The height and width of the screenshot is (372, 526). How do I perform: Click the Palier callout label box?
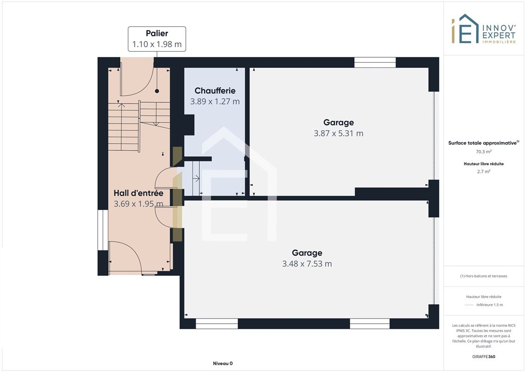[x=157, y=39]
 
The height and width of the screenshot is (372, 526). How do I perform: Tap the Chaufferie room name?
[x=215, y=91]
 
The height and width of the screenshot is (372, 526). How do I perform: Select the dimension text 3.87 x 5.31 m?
[x=339, y=133]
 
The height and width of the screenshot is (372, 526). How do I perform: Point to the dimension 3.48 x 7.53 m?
[x=307, y=264]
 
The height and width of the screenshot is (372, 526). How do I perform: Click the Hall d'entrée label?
[x=139, y=193]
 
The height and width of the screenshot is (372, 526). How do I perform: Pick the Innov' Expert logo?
[x=483, y=29]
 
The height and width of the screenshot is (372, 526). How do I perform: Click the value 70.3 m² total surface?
[x=484, y=152]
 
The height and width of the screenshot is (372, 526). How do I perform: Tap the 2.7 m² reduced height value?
[x=484, y=172]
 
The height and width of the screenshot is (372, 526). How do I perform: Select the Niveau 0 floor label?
[x=223, y=363]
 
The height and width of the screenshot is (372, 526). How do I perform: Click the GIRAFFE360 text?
[x=484, y=357]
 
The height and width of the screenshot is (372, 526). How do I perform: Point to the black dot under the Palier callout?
[x=157, y=91]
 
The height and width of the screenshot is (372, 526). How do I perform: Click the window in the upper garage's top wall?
[x=375, y=63]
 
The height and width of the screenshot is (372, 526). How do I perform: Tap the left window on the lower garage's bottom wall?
[x=217, y=324]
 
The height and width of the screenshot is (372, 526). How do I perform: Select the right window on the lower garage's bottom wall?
[x=370, y=324]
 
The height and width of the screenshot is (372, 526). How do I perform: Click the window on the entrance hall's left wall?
[x=103, y=230]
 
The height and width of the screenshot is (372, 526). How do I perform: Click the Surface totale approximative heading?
[x=484, y=143]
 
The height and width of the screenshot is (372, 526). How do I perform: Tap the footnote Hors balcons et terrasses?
[x=484, y=276]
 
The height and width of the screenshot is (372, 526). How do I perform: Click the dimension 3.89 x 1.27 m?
[x=215, y=101]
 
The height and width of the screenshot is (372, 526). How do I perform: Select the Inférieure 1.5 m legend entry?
[x=489, y=305]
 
